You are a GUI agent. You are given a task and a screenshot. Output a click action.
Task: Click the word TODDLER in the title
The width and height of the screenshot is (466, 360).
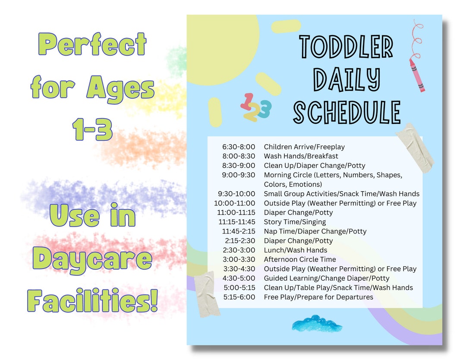tap(346, 46)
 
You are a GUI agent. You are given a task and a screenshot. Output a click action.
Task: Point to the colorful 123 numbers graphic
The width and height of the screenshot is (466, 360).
tap(255, 107)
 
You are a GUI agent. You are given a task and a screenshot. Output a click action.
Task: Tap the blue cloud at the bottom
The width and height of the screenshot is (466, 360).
tap(317, 324)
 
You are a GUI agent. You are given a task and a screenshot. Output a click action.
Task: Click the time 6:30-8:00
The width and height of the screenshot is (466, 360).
tap(239, 147)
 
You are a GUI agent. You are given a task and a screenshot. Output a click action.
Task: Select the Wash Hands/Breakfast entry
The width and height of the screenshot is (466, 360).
tap(301, 156)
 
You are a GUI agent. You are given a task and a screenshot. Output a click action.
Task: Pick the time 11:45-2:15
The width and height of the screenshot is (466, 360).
tap(238, 231)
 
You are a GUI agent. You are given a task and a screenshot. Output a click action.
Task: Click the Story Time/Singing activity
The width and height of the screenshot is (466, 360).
tap(295, 222)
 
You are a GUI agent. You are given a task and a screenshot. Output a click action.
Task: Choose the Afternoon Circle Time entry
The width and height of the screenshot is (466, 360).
tap(300, 259)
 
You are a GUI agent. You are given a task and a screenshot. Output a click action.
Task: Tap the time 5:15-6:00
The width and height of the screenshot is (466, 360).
tap(239, 297)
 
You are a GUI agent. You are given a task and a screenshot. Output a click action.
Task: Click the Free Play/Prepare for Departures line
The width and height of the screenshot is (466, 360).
tap(318, 297)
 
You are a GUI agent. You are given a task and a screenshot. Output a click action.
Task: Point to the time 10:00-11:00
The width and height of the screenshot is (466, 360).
tap(234, 203)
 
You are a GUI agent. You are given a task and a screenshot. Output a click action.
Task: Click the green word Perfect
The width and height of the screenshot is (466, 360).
tap(92, 44)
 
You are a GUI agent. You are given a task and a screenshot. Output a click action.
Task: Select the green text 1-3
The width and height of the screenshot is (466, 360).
tap(93, 129)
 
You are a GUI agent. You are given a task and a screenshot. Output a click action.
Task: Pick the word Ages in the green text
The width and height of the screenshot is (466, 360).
tap(120, 88)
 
